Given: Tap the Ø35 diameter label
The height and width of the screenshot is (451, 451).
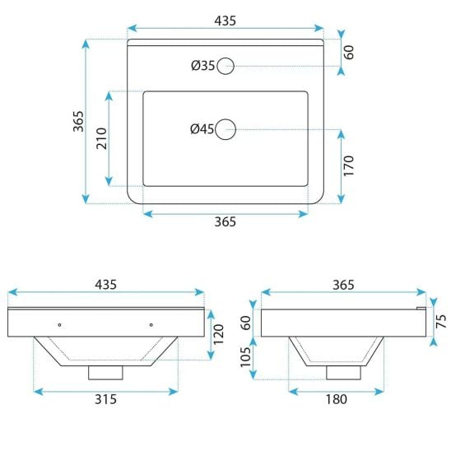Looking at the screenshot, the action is [x=202, y=66].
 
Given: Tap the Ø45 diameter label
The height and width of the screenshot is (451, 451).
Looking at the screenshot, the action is [x=202, y=129].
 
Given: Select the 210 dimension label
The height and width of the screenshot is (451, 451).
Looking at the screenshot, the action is [x=101, y=138].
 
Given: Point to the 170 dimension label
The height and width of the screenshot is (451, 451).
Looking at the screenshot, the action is [x=348, y=165].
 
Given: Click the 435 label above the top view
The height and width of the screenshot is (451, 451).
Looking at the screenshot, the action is [x=225, y=21].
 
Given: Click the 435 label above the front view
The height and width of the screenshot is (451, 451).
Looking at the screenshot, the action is [x=106, y=285].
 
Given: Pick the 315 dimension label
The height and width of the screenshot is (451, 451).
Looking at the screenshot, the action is [x=106, y=399].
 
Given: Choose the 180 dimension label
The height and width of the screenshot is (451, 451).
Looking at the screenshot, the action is [x=337, y=399].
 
